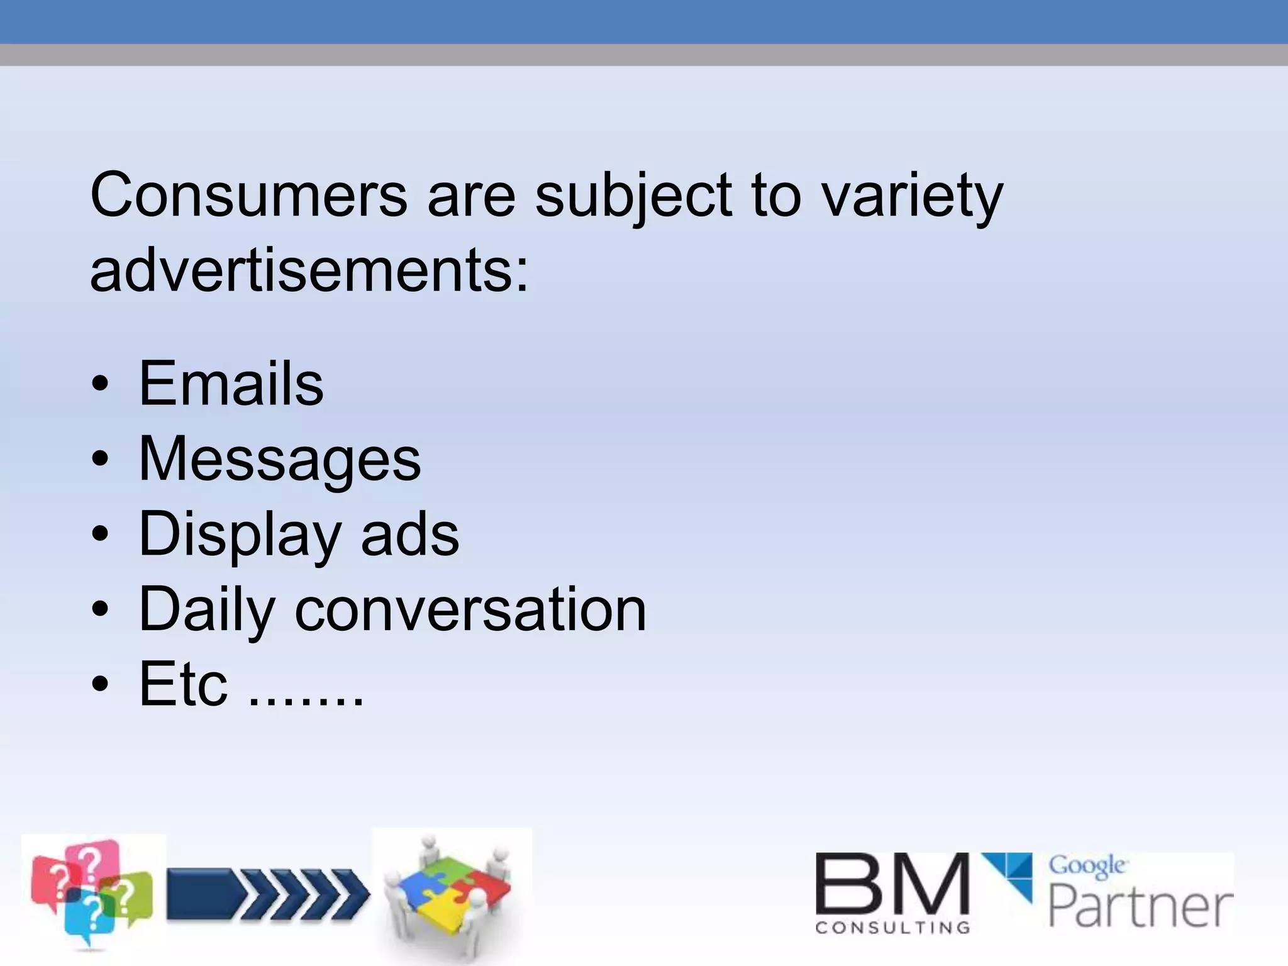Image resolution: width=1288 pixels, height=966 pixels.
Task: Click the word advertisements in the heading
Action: [309, 270]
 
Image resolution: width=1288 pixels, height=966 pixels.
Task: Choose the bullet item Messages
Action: [279, 460]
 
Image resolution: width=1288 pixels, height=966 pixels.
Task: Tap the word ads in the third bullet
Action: [409, 535]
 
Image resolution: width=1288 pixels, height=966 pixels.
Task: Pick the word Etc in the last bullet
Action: [183, 684]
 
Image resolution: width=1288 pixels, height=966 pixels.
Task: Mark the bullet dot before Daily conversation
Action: [100, 609]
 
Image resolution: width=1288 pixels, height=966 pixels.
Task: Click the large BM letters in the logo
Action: [892, 884]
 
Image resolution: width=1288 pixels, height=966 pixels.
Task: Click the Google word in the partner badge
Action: [1087, 866]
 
